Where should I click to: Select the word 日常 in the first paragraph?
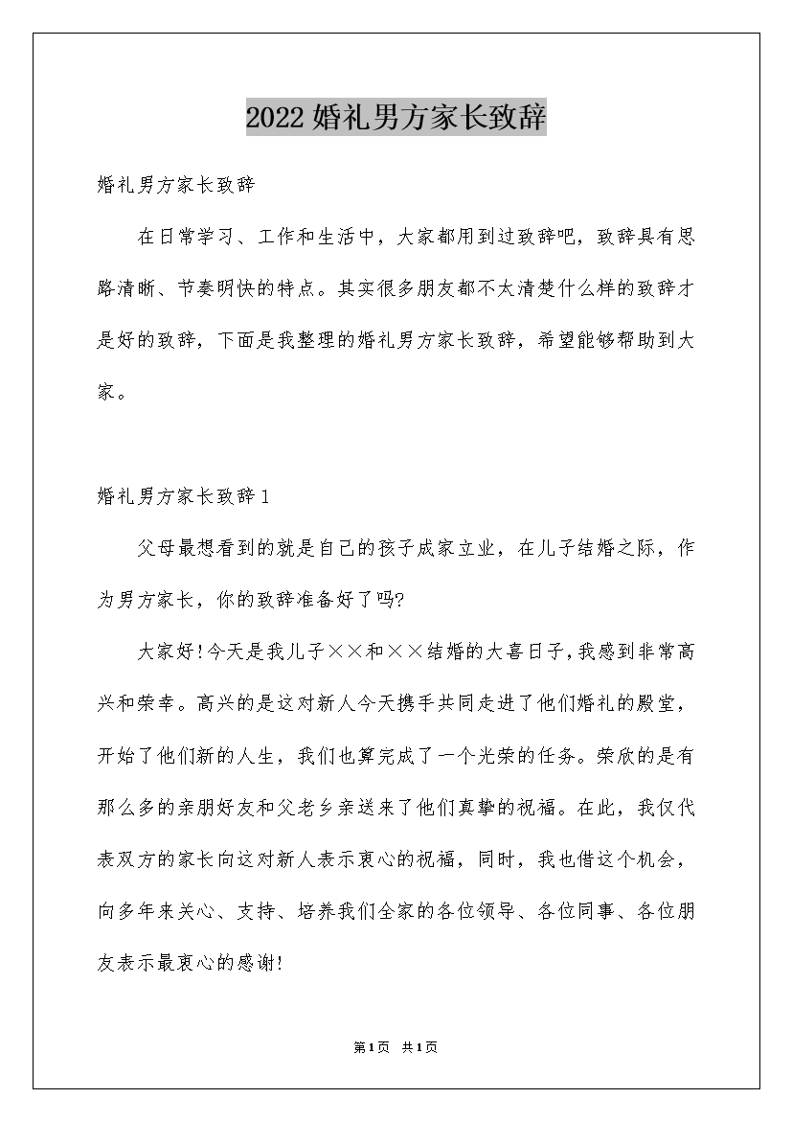(x=188, y=237)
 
